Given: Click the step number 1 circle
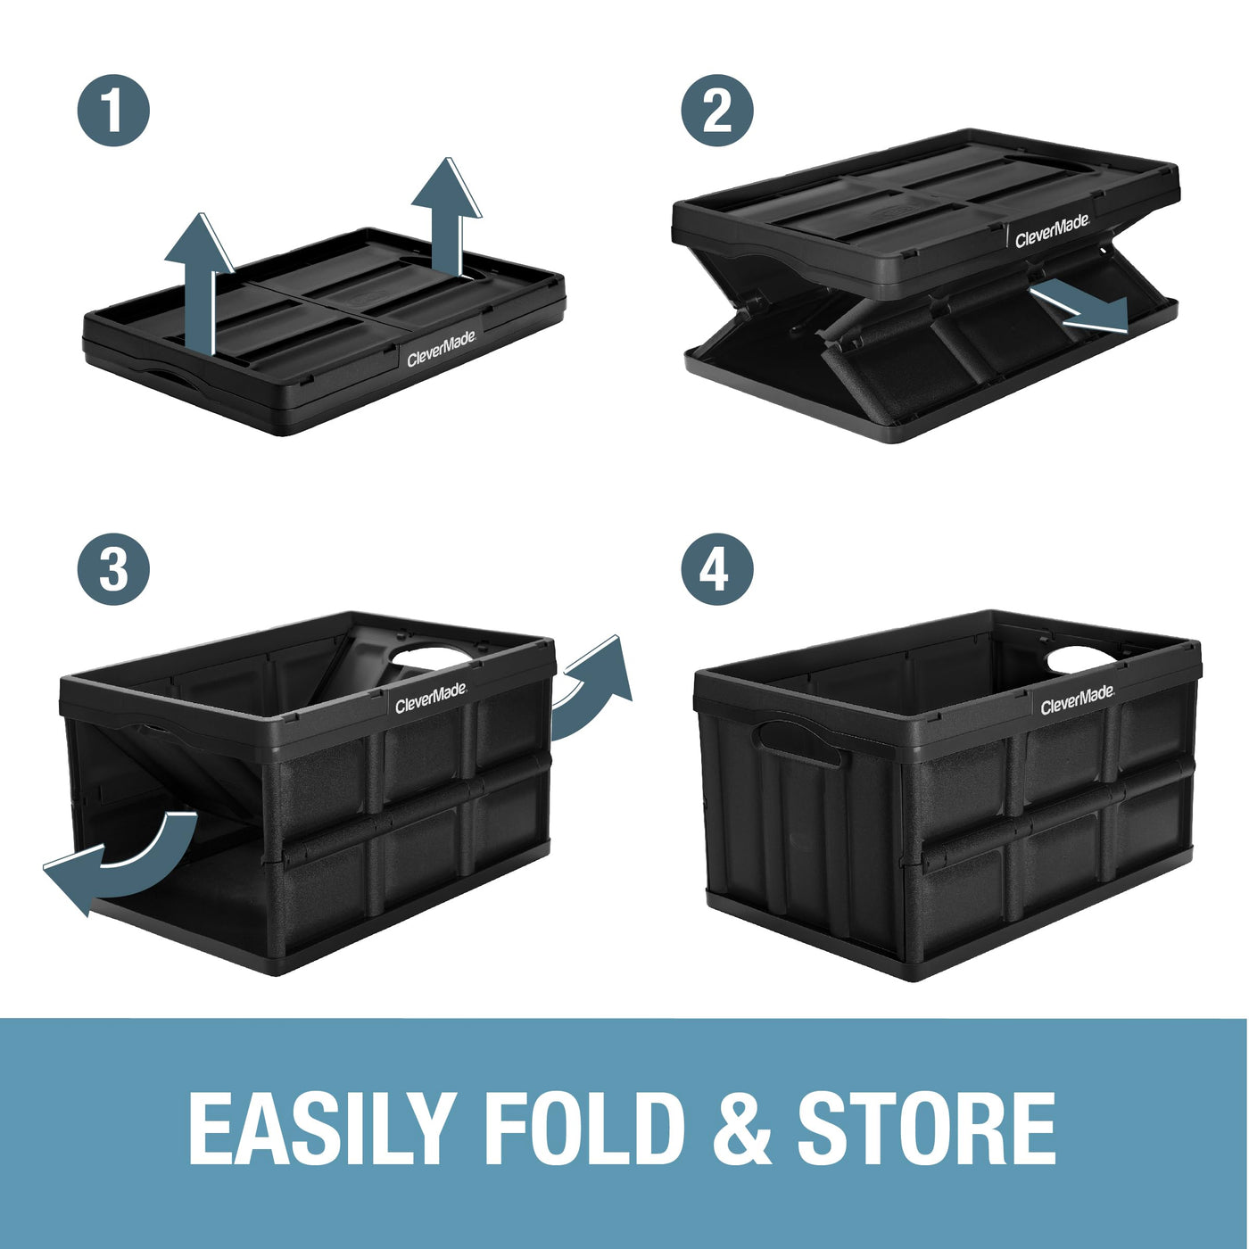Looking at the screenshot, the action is (x=113, y=111).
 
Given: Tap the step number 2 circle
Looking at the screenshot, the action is (x=717, y=111).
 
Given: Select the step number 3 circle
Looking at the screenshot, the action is (x=113, y=569).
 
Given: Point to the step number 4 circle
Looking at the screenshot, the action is (x=717, y=569).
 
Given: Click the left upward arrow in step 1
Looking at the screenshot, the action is (x=199, y=285).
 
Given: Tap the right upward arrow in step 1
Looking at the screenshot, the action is (x=447, y=217).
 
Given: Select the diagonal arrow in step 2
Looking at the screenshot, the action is (x=1079, y=308).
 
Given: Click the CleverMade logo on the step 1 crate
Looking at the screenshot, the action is (x=442, y=349).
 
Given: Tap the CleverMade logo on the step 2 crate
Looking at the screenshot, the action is (x=1052, y=231).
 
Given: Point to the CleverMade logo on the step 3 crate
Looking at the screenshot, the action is (x=431, y=699).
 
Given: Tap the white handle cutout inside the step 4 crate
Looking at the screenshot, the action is (x=1081, y=659).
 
